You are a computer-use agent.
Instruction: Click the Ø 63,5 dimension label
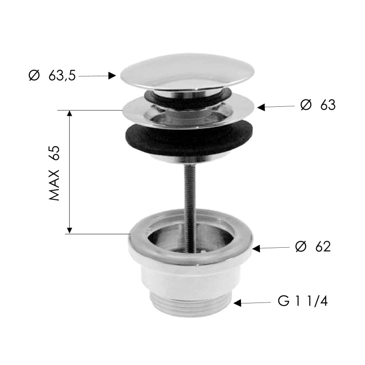pos(52,75)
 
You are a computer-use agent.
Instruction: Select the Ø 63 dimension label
pos(318,105)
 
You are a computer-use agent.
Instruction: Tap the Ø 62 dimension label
pos(313,246)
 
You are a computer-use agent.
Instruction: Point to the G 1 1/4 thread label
pos(303,301)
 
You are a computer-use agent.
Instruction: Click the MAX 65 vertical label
pos(54,173)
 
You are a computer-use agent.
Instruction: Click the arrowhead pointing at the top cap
pos(112,76)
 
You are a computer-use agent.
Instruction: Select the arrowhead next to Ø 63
pos(261,107)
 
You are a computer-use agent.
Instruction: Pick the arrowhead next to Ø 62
pos(256,249)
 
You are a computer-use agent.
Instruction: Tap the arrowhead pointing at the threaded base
pos(237,303)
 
